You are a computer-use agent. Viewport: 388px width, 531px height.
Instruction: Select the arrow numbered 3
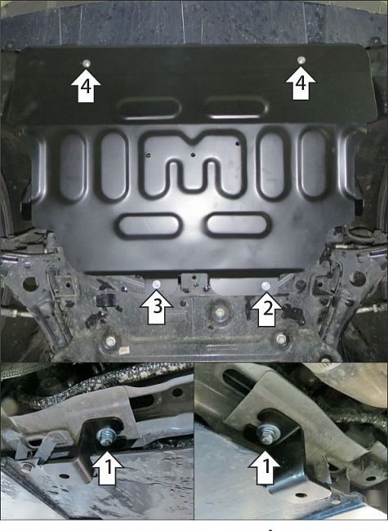click(156, 307)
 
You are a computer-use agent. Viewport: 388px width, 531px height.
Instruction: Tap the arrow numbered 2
click(266, 309)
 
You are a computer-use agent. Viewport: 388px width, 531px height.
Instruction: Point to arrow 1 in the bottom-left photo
click(107, 469)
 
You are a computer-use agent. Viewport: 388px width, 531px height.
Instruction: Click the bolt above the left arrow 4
click(87, 63)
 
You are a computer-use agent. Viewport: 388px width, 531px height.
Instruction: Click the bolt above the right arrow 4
click(301, 60)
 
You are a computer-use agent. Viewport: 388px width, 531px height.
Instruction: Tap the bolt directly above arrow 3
click(156, 283)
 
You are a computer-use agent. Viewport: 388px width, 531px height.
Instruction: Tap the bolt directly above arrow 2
click(265, 285)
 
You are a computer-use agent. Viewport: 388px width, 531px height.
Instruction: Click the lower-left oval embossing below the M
click(147, 225)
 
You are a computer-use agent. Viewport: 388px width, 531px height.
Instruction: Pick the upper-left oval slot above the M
click(149, 108)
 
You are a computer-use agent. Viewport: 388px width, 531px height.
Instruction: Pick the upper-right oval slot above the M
click(237, 107)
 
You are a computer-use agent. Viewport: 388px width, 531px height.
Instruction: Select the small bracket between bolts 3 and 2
click(194, 281)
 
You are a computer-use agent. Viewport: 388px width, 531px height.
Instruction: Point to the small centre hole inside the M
click(194, 154)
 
